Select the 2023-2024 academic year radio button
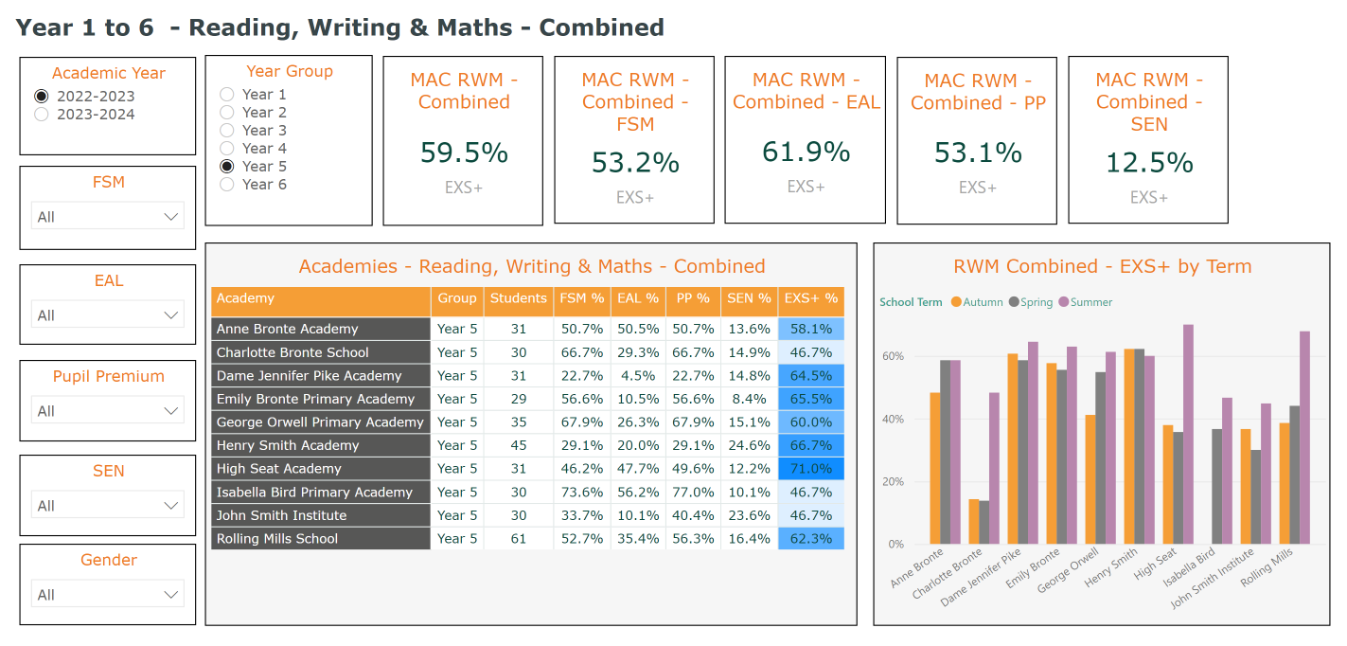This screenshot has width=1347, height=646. pyautogui.click(x=42, y=115)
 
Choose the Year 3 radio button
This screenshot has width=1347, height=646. pyautogui.click(x=227, y=131)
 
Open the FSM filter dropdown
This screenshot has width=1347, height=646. pyautogui.click(x=107, y=217)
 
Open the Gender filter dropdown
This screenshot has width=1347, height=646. pyautogui.click(x=107, y=595)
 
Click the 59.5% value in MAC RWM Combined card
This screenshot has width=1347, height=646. pyautogui.click(x=464, y=153)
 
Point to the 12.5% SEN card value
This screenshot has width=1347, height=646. pyautogui.click(x=1149, y=163)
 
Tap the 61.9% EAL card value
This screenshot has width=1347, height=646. pyautogui.click(x=806, y=153)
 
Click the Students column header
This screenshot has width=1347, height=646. pyautogui.click(x=518, y=298)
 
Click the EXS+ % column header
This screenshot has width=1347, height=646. pyautogui.click(x=811, y=298)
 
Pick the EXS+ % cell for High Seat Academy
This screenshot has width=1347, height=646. pyautogui.click(x=811, y=469)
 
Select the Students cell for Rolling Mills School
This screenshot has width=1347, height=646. pyautogui.click(x=518, y=539)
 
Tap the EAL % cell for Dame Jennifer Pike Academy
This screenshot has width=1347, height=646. pyautogui.click(x=637, y=376)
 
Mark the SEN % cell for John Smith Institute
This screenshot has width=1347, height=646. pyautogui.click(x=748, y=515)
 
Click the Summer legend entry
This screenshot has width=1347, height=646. pyautogui.click(x=1085, y=302)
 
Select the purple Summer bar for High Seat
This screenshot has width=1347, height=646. pyautogui.click(x=1188, y=435)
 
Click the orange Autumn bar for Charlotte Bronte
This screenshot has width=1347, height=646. pyautogui.click(x=974, y=522)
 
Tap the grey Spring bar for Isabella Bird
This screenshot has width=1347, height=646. pyautogui.click(x=1216, y=487)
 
